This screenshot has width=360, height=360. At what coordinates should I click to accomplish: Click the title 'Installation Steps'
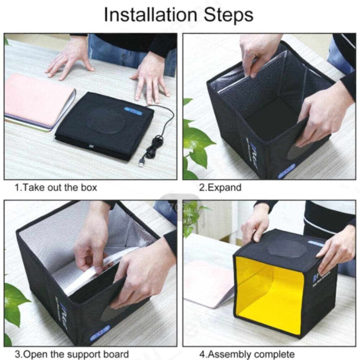point(179,15)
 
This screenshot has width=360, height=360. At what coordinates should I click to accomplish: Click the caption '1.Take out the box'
point(56,188)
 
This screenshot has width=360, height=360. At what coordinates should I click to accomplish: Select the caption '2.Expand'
point(220,188)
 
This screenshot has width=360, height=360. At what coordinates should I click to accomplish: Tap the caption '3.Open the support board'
point(71,354)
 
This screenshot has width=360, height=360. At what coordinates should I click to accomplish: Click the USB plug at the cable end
point(142,162)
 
